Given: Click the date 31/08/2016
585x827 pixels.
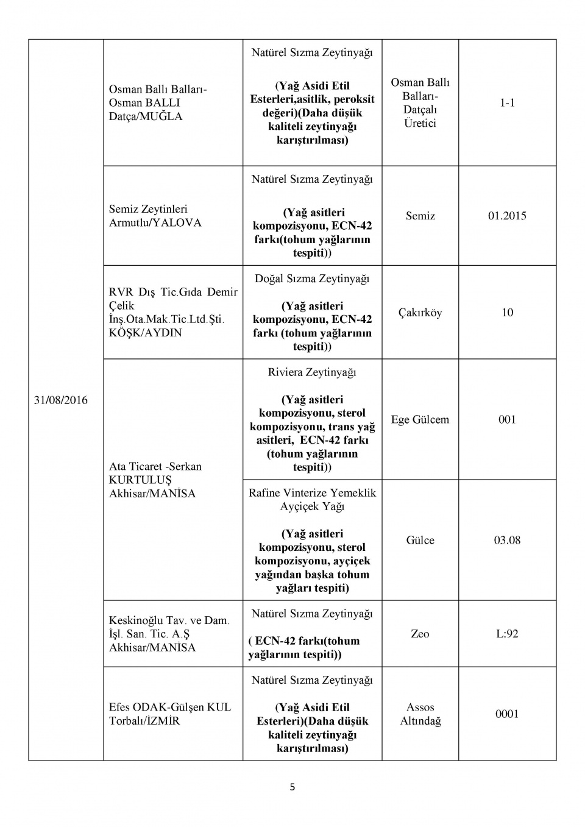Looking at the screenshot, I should pos(60,400).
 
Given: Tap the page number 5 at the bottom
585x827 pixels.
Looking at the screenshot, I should pos(292,787).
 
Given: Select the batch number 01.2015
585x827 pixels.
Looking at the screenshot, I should pos(507,216).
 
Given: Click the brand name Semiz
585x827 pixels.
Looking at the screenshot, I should pos(420,216).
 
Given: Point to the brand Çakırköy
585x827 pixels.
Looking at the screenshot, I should pos(420,313).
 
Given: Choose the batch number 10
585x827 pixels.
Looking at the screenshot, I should pos(507,313).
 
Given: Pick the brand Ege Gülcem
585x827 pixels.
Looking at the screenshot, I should pos(420,419).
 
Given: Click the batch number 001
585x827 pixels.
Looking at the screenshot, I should pos(507,419).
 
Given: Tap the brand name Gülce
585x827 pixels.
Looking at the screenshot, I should pos(420,540).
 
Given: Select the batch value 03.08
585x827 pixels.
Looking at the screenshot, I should pos(507,540).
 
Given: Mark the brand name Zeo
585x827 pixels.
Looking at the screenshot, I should pos(420,634).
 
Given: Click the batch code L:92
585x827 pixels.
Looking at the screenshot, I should pos(507,634).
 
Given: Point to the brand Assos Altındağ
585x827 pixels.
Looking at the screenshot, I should pos(420,714).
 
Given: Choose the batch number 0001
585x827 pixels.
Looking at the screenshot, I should pos(507,714).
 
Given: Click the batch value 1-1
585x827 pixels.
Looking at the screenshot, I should pos(507,102).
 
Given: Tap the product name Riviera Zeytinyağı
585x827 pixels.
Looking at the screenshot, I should pos(312,372).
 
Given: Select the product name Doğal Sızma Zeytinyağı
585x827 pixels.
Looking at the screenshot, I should pos(312,279).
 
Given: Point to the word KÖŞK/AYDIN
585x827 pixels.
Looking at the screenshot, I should pos(145,333).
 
